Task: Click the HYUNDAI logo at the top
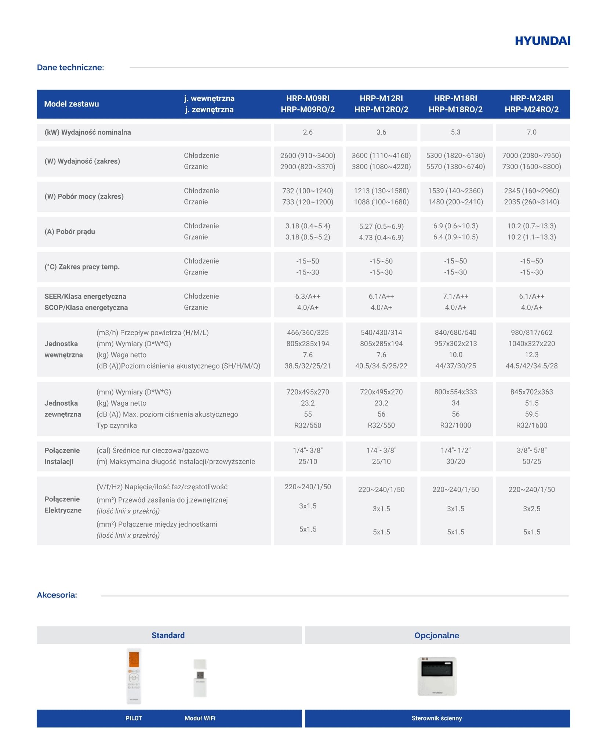point(542,41)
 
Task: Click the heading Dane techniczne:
point(70,68)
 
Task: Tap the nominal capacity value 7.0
point(531,132)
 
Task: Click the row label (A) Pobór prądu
point(70,232)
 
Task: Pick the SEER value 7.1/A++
point(455,296)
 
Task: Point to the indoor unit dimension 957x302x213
point(455,344)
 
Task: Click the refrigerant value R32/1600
point(531,425)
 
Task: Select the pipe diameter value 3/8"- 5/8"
point(531,450)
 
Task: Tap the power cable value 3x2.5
point(531,509)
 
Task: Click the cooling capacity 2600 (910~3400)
point(308,156)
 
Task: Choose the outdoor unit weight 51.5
point(531,403)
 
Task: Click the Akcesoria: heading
point(57,595)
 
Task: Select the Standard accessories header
point(168,635)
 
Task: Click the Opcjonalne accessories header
point(437,635)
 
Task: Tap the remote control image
point(134,676)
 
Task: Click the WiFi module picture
point(200,678)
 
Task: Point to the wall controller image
point(437,676)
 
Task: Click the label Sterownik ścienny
point(437,718)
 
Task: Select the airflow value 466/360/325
point(308,333)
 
